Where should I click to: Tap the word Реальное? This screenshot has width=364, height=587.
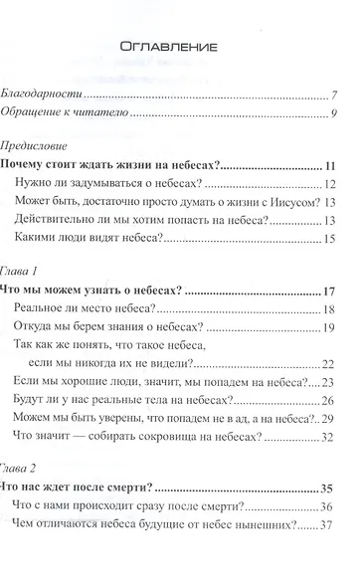(47, 310)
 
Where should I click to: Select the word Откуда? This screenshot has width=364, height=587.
(41, 329)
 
